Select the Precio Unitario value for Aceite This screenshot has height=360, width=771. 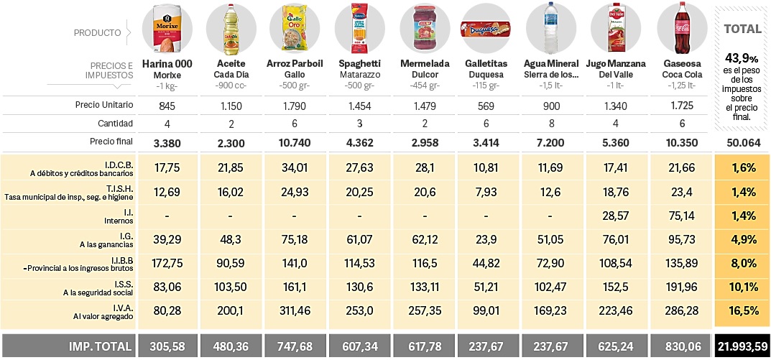pos(231,106)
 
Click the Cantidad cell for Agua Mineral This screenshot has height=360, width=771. pos(552,123)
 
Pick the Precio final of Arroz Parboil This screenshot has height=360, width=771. pos(295,142)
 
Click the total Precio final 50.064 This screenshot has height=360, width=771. pos(743,142)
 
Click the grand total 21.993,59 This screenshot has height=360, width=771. pos(743,346)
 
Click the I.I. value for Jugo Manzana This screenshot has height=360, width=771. pos(616,216)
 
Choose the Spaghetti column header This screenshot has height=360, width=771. pos(359,63)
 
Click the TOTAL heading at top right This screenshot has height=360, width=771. pos(743,29)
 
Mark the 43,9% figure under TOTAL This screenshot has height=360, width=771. pos(743,57)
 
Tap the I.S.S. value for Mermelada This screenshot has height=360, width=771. pos(423,287)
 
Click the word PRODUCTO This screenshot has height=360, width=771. pos(97,32)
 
